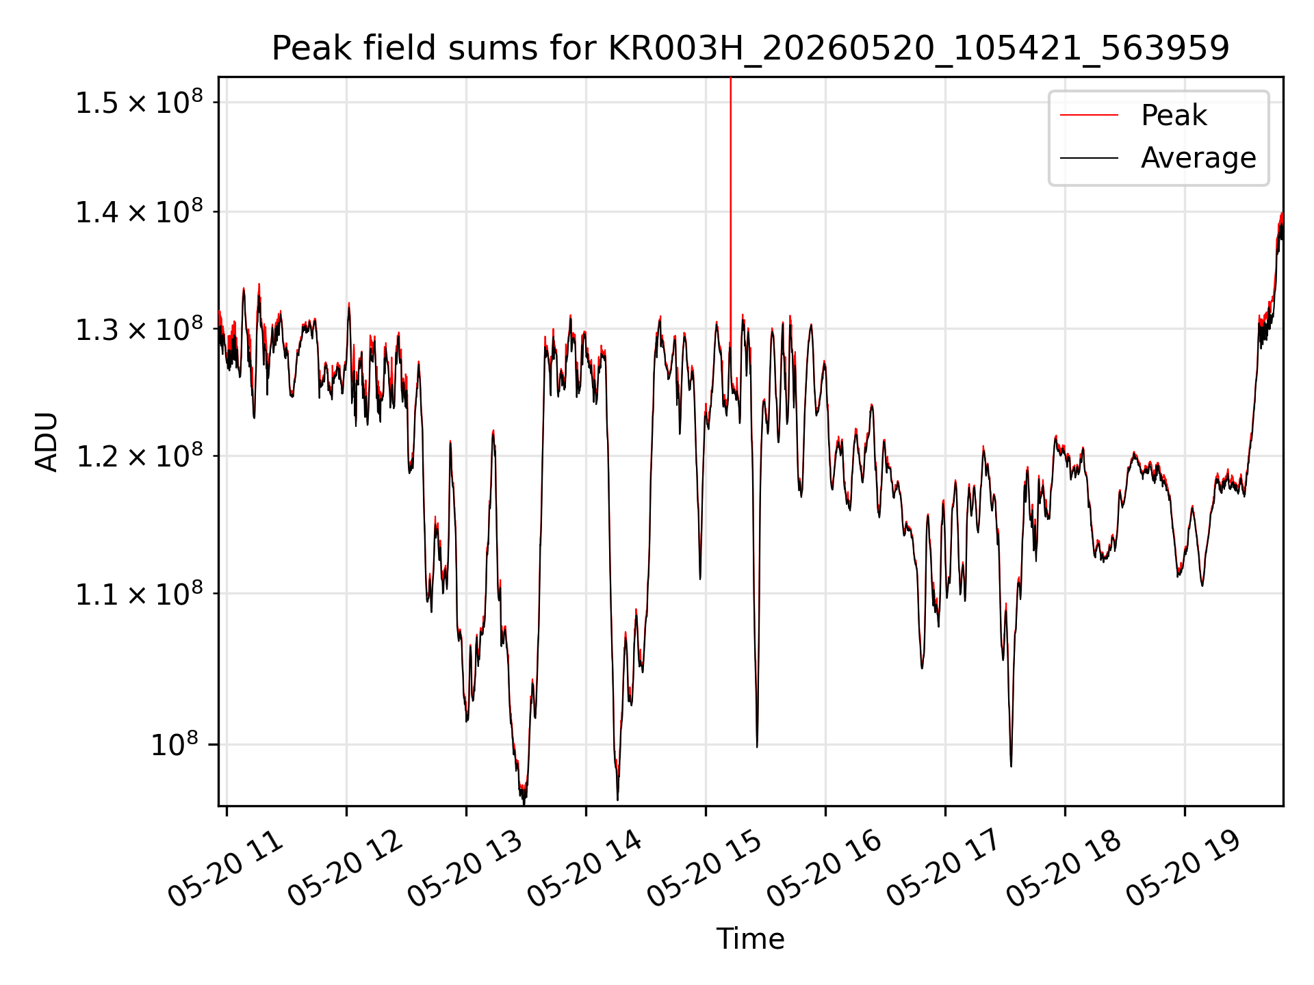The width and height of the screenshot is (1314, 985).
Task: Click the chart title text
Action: (x=751, y=49)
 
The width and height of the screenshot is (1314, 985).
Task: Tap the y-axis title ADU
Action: (x=47, y=441)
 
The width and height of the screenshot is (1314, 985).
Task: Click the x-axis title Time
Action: (x=751, y=938)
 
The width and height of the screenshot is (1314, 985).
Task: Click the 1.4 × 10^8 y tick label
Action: (x=139, y=211)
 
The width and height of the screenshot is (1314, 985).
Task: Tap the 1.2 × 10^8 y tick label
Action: (x=139, y=456)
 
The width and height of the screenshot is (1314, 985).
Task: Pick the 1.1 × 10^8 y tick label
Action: (x=139, y=593)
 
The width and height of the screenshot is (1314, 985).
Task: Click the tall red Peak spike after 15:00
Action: (x=730, y=205)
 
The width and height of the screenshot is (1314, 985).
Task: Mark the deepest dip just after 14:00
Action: (x=617, y=799)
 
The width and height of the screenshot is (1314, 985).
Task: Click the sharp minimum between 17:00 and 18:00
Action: (x=1011, y=765)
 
